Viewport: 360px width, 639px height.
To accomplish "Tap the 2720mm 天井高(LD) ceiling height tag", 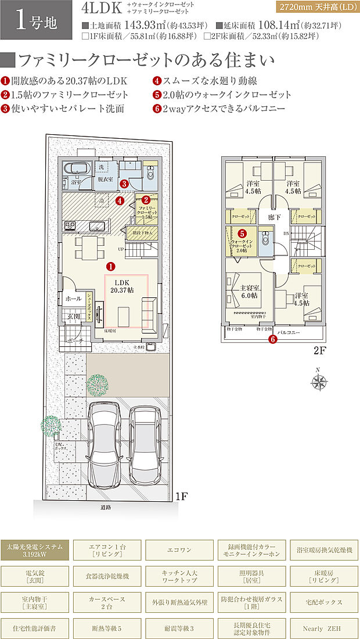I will tap(316, 8).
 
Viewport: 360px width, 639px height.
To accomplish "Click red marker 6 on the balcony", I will tap(273, 340).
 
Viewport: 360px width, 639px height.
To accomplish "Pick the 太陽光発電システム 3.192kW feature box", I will tap(36, 550).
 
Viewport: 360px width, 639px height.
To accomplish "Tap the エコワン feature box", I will tap(180, 550).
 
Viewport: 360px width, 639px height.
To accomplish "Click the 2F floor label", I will tap(319, 351).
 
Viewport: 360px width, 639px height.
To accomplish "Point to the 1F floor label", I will tap(182, 496).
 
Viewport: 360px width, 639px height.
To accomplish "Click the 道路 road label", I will tap(105, 507).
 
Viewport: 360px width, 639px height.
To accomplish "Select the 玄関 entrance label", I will tap(72, 317).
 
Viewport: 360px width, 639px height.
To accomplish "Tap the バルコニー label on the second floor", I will tap(288, 332).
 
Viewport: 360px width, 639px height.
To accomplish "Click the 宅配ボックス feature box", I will tap(324, 602).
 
